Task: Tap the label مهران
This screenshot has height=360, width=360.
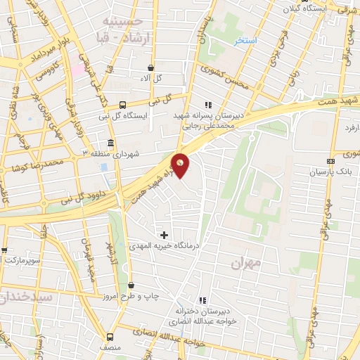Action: tap(245, 262)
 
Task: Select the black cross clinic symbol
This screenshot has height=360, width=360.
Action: tap(165, 235)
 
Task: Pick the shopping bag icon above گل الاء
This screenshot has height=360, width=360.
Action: tap(150, 67)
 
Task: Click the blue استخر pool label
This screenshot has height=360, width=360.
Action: tap(245, 42)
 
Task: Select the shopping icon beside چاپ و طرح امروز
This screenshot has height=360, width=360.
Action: tap(131, 285)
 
